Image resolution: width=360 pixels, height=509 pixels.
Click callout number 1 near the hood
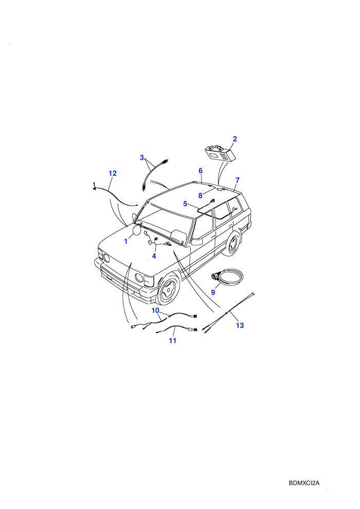point(126,242)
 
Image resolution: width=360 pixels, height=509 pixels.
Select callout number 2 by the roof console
point(235,139)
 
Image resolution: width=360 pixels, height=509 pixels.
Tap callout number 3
point(142,158)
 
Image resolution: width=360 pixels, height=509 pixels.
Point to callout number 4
point(154,256)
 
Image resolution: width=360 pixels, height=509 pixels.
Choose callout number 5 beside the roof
point(185,204)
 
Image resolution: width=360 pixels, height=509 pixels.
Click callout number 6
point(201,171)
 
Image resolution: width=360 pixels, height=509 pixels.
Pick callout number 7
point(237,180)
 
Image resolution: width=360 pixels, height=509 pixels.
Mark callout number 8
point(200,196)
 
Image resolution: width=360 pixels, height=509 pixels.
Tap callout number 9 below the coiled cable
point(213,293)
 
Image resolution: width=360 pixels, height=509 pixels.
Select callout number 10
point(155,311)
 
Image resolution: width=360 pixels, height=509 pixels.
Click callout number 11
point(172,340)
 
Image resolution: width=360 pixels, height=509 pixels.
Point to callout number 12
point(112,173)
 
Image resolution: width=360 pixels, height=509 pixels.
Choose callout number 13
point(240,325)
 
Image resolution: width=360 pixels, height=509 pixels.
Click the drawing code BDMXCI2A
point(304,483)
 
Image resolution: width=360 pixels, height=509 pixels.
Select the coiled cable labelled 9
point(227,277)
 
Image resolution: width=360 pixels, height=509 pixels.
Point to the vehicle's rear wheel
point(233,244)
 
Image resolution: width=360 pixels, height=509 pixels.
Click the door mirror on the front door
point(197,241)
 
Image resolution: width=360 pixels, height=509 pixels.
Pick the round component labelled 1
point(137,230)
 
